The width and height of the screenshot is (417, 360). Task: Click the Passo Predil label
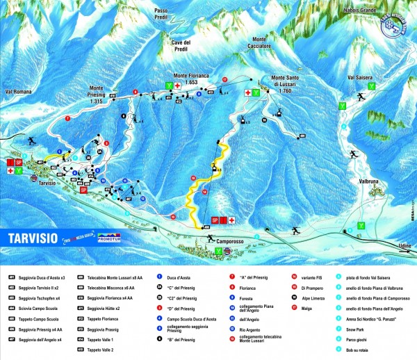[x=161, y=15]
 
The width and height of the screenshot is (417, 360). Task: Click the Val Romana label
[x=19, y=92]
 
